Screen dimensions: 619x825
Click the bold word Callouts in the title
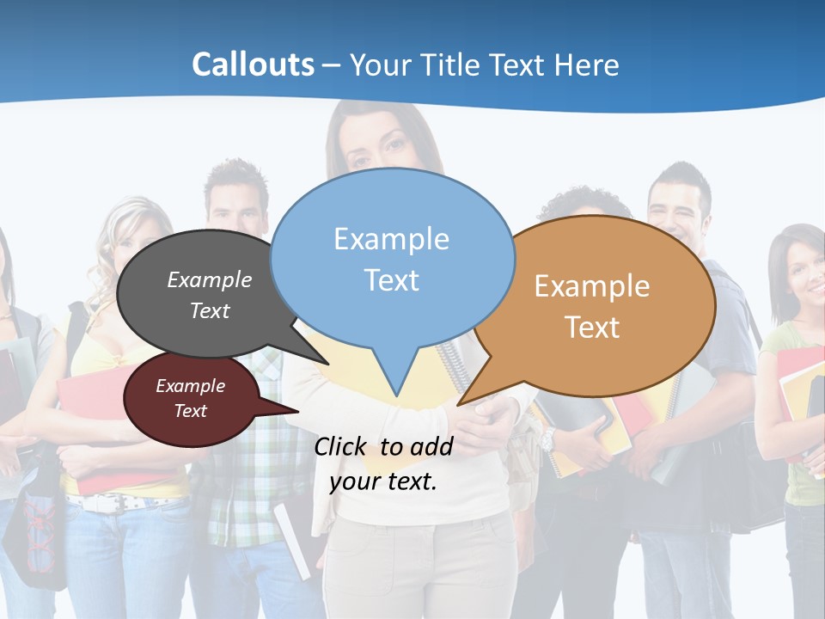click(253, 64)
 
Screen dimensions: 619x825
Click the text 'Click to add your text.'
click(383, 463)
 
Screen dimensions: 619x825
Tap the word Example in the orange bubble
click(592, 286)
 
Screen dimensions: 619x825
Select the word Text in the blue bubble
click(392, 280)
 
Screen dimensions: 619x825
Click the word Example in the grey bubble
click(210, 279)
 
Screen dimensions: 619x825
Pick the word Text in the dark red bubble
click(190, 411)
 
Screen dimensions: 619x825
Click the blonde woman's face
click(129, 246)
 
